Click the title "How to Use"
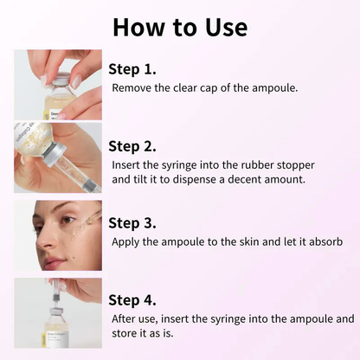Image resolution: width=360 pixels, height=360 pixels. [x=179, y=26]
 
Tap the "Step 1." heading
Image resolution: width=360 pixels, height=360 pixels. [x=132, y=68]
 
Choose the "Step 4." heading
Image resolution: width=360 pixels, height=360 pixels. [x=132, y=299]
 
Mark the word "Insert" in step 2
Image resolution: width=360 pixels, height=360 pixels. [x=128, y=164]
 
